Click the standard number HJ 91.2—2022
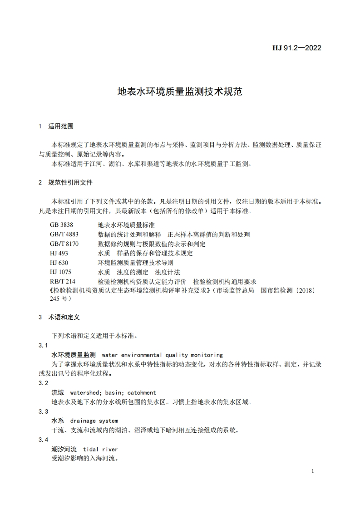pos(296,48)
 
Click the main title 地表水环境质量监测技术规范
pos(180,92)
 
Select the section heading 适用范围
pos(61,126)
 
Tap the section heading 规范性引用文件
pos(70,182)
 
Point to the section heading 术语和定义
pos(64,317)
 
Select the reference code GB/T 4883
pos(64,235)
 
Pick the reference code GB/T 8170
pos(64,244)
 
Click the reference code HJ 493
pos(59,253)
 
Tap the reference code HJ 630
pos(59,262)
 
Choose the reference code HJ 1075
pos(61,272)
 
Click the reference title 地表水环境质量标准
pos(126,225)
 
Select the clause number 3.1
pos(44,346)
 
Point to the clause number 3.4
pos(44,440)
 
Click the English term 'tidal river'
pos(100,449)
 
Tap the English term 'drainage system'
pos(94,421)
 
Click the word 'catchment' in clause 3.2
pos(142,392)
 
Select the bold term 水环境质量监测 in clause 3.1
pos(74,355)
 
